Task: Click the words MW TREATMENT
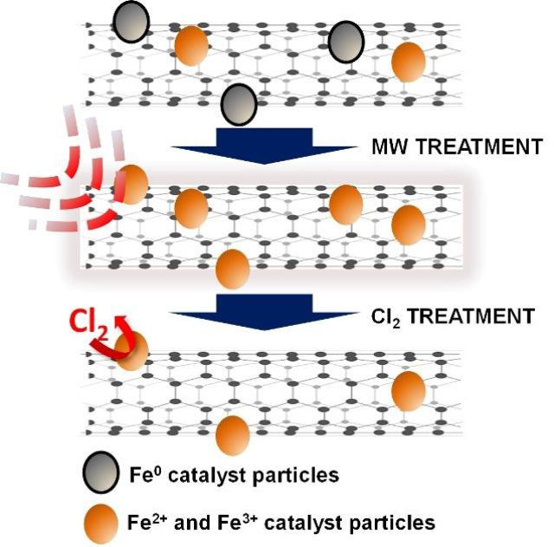click(x=457, y=147)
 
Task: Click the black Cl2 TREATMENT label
click(x=453, y=316)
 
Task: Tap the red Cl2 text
click(x=89, y=323)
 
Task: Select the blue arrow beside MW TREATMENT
click(x=264, y=146)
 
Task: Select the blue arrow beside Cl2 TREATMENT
click(x=264, y=312)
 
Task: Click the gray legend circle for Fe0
click(x=100, y=472)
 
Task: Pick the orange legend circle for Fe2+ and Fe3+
click(x=100, y=524)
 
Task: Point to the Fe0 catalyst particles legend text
click(x=235, y=475)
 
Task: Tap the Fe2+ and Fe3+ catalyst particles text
click(x=280, y=523)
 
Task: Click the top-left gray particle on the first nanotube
click(x=131, y=22)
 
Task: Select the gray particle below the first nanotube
click(x=239, y=104)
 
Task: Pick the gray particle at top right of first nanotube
click(x=346, y=42)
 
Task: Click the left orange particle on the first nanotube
click(x=191, y=46)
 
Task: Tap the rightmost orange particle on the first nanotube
click(x=409, y=62)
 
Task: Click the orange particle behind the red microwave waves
click(x=131, y=185)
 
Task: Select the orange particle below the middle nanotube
click(x=233, y=270)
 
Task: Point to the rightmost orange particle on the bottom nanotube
click(x=409, y=391)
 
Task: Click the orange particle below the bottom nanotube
click(x=233, y=435)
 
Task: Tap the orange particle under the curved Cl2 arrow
click(x=132, y=351)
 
